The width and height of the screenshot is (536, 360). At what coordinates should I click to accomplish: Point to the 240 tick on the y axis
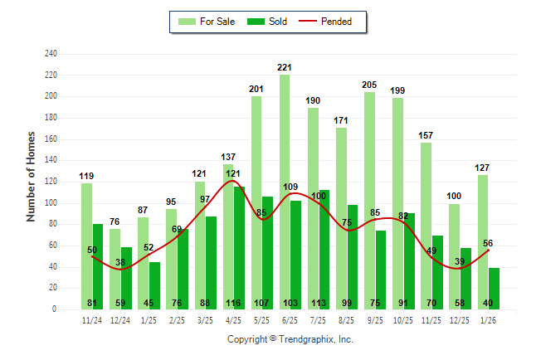[x=51, y=54]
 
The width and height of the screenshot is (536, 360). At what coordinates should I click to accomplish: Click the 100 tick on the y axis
[x=51, y=203]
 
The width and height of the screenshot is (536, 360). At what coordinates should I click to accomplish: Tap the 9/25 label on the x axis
[x=374, y=319]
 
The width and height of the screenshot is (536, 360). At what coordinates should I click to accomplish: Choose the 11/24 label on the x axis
[x=92, y=319]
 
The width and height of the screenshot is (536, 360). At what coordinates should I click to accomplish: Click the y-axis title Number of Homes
[x=31, y=176]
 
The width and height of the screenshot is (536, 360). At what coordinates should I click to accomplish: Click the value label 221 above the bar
[x=285, y=67]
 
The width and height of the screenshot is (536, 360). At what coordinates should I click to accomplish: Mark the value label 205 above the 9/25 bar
[x=369, y=85]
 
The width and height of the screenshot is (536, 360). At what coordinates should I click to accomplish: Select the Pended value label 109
[x=290, y=187]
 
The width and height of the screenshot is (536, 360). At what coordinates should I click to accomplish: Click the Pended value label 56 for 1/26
[x=488, y=243]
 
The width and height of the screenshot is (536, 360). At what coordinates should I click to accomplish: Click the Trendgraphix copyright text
[x=290, y=339]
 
